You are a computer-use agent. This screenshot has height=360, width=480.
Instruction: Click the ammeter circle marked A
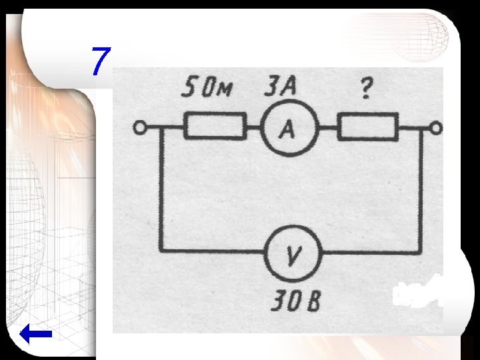(286, 129)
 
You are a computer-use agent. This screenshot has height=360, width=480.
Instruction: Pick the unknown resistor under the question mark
(367, 127)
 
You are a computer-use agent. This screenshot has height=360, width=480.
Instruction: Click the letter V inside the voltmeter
(293, 255)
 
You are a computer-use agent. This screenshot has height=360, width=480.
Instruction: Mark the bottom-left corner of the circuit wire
(161, 251)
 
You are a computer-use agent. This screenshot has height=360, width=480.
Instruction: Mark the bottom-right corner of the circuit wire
(421, 251)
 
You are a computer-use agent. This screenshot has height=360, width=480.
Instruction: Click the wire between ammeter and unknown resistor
(327, 127)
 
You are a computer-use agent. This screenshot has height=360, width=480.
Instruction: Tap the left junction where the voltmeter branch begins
(161, 127)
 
